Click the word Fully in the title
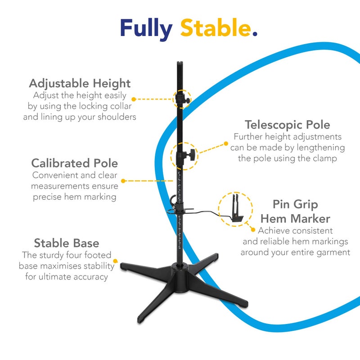pos(146,29)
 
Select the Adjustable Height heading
pos(80,84)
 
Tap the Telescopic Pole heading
pos(288,126)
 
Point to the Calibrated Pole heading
pos(75,163)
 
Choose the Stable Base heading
pos(67,243)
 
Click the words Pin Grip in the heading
pos(295,205)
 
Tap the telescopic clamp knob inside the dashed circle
pos(191,154)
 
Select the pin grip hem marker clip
pos(237,208)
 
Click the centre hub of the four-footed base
pos(180,278)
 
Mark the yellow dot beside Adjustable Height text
pos(134,99)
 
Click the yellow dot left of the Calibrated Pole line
pos(123,181)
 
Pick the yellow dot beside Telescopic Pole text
pos(226,144)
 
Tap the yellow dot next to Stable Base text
pos(116,261)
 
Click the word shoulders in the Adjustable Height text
pos(117,117)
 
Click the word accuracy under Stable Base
pos(90,277)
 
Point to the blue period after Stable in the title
pos(254,34)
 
